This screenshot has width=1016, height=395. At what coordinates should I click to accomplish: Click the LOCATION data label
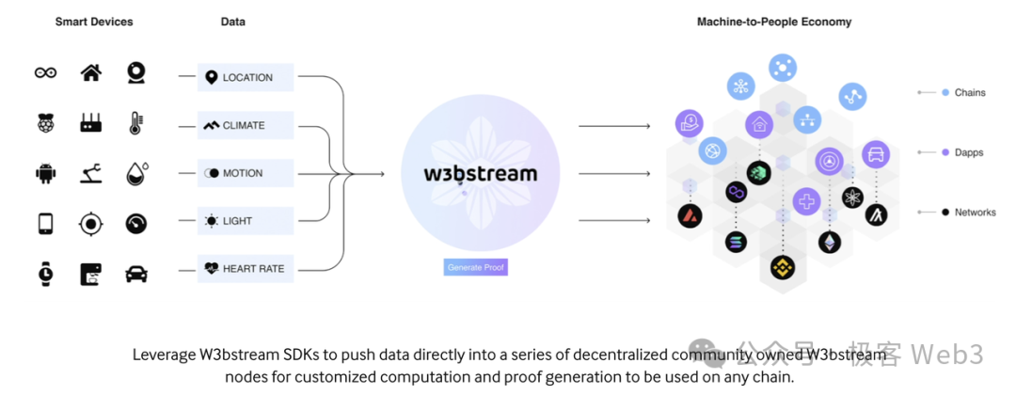pyautogui.click(x=246, y=77)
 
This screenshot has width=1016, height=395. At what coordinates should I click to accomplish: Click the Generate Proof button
pyautogui.click(x=476, y=268)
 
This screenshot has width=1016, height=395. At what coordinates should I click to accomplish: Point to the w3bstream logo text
pyautogui.click(x=481, y=173)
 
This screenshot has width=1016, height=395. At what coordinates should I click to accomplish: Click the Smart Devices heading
pyautogui.click(x=94, y=22)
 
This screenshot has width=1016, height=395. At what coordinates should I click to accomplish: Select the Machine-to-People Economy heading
pyautogui.click(x=774, y=22)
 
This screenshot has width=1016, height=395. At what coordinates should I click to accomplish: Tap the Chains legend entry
pyautogui.click(x=969, y=92)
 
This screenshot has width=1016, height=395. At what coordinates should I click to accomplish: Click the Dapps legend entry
pyautogui.click(x=968, y=152)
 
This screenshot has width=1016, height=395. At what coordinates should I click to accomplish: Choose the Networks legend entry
pyautogui.click(x=975, y=213)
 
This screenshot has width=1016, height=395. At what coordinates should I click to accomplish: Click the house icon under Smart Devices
pyautogui.click(x=91, y=73)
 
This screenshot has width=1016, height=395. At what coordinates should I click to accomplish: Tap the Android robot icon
pyautogui.click(x=45, y=173)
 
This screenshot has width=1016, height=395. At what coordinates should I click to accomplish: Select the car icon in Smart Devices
pyautogui.click(x=136, y=273)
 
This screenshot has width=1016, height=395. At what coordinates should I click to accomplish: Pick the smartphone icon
pyautogui.click(x=45, y=223)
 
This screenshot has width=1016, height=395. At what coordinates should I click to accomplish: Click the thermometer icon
pyautogui.click(x=136, y=123)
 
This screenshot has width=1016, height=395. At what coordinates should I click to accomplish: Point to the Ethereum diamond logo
pyautogui.click(x=830, y=242)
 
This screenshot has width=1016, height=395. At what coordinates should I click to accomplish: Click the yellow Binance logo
pyautogui.click(x=783, y=268)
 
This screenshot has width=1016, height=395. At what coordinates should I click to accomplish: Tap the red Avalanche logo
pyautogui.click(x=691, y=215)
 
